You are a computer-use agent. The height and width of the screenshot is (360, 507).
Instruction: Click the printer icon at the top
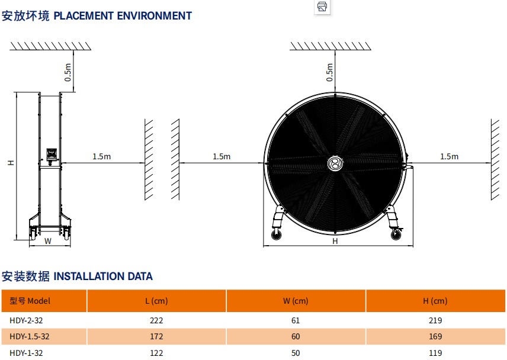click(x=322, y=7)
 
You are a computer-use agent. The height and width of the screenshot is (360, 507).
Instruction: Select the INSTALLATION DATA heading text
click(x=103, y=276)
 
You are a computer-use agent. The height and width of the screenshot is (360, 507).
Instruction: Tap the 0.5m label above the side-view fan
click(x=68, y=72)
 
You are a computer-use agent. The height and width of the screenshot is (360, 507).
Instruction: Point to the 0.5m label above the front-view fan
click(x=330, y=72)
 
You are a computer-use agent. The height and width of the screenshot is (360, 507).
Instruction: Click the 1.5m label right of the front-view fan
click(x=449, y=156)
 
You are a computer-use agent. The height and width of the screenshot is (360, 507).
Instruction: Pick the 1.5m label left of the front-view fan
click(x=221, y=156)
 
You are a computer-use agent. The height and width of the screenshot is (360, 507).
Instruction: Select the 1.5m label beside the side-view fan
click(x=101, y=156)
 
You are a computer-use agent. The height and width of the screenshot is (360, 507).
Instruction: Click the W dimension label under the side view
click(x=48, y=241)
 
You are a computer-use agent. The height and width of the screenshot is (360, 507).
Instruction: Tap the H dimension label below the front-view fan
click(x=335, y=241)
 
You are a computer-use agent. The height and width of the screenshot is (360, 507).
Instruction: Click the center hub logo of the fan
click(x=335, y=164)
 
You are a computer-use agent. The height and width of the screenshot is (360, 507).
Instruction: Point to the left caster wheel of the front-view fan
click(x=275, y=236)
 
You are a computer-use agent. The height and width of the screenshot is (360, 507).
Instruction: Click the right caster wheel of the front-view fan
click(x=396, y=236)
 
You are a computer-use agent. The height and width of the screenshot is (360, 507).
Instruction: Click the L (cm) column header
click(x=156, y=301)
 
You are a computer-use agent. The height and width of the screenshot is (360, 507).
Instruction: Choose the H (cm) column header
click(x=435, y=301)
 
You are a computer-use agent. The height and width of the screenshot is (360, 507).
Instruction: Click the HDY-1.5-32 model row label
click(x=30, y=336)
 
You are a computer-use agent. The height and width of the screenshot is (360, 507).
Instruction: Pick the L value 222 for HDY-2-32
click(x=156, y=320)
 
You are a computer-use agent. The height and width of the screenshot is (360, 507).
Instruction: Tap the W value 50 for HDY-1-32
click(x=296, y=353)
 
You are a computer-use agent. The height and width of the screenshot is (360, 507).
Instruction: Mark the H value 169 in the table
click(x=435, y=336)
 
